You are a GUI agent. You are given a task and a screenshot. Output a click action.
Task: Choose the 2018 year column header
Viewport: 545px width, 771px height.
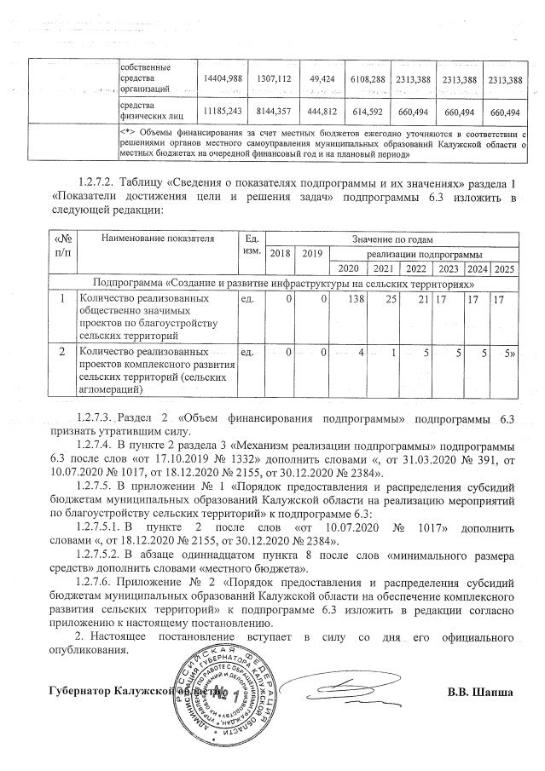coord(281,254)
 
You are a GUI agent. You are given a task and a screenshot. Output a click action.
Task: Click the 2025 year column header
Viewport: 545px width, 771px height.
coord(505,269)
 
